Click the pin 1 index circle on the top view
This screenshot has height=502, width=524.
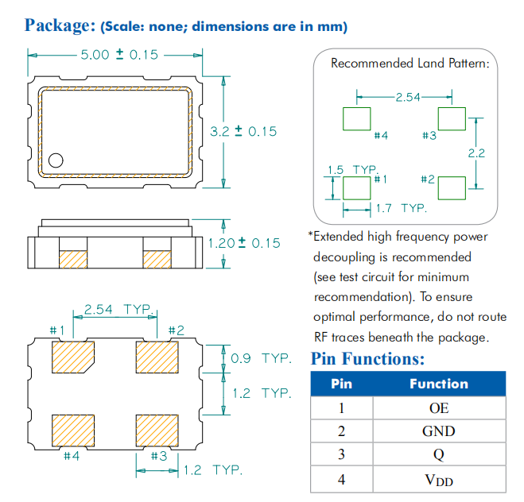click(56, 160)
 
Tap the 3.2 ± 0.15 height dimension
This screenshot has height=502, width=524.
click(243, 131)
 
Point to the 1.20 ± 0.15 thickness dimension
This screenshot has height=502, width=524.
click(244, 243)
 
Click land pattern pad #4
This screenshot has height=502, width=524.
click(357, 119)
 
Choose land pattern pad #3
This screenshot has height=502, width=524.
click(452, 119)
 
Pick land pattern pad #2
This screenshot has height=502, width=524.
click(452, 189)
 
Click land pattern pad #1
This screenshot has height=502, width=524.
click(357, 189)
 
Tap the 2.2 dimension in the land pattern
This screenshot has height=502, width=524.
click(476, 153)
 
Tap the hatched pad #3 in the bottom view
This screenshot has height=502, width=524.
click(156, 431)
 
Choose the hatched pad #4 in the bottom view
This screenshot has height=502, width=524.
click(72, 431)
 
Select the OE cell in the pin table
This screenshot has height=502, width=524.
click(438, 407)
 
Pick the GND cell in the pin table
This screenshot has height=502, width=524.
click(438, 431)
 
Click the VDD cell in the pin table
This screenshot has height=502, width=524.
click(438, 479)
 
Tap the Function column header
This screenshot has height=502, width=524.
click(438, 384)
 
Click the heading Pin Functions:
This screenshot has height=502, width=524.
click(367, 358)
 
